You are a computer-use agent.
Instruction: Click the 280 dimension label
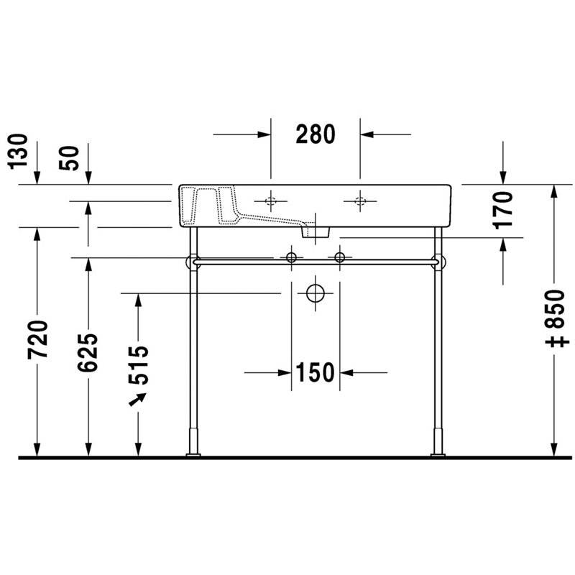316,134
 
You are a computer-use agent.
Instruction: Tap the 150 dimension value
316,372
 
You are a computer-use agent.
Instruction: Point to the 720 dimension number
37,340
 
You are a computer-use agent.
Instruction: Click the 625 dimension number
88,352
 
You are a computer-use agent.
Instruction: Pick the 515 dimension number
139,365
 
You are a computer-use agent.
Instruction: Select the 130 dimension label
18,152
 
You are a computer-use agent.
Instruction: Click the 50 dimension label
68,158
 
